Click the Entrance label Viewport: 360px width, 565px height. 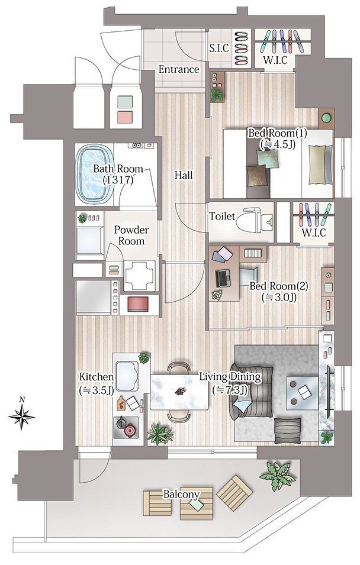click(x=179, y=69)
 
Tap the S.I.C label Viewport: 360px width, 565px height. click(x=219, y=49)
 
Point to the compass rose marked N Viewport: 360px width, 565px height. click(x=22, y=414)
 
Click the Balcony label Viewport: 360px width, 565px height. click(x=181, y=494)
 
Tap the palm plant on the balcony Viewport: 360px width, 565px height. click(x=277, y=476)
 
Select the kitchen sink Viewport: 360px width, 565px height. click(x=127, y=376)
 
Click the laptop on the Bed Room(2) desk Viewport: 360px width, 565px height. click(x=223, y=279)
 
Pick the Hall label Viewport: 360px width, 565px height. click(x=184, y=176)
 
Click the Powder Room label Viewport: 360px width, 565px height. click(x=131, y=235)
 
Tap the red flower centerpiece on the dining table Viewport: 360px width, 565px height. click(x=179, y=390)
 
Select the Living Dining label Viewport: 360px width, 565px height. click(x=230, y=377)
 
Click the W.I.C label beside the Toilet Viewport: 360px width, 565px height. click(x=313, y=233)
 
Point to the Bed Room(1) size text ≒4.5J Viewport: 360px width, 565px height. click(x=277, y=144)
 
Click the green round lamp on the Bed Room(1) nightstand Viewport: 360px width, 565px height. click(x=326, y=118)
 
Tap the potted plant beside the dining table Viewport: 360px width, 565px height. click(x=160, y=434)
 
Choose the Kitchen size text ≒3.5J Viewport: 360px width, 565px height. click(x=97, y=390)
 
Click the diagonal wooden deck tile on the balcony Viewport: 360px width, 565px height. click(x=234, y=492)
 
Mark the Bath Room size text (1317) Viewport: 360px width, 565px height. click(x=118, y=180)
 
